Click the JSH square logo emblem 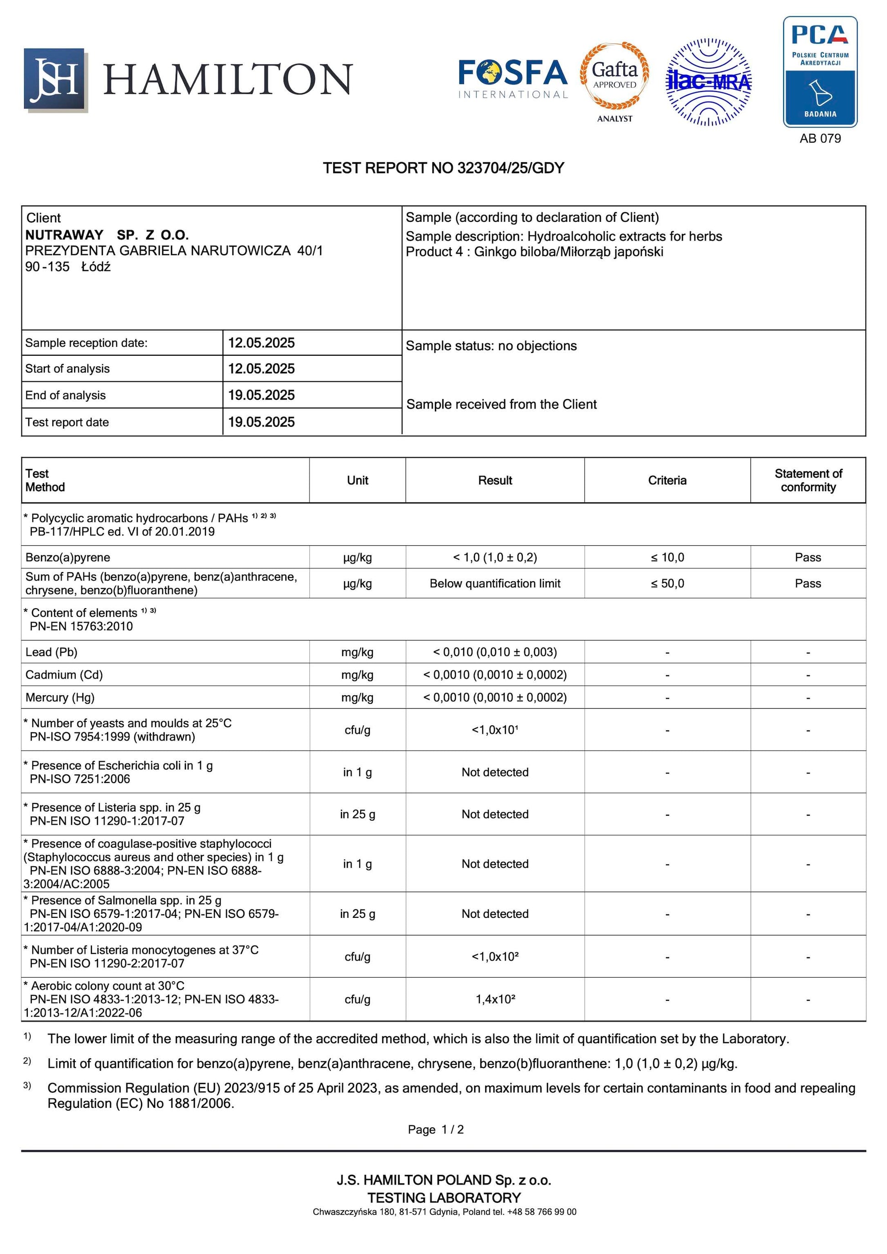point(55,79)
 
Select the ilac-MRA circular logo point(708,82)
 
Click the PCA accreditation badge point(820,72)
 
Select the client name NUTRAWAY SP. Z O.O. point(107,235)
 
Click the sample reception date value point(261,343)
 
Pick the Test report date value point(261,422)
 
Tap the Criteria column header point(667,481)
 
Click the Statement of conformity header point(808,481)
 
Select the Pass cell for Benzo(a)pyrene point(808,558)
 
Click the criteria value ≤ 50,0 point(667,584)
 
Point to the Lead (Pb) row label point(52,652)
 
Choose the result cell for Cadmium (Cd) point(495,675)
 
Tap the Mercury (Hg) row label point(60,697)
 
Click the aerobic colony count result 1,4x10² point(495,999)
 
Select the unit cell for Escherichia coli point(357,772)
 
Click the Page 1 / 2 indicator point(436,1130)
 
